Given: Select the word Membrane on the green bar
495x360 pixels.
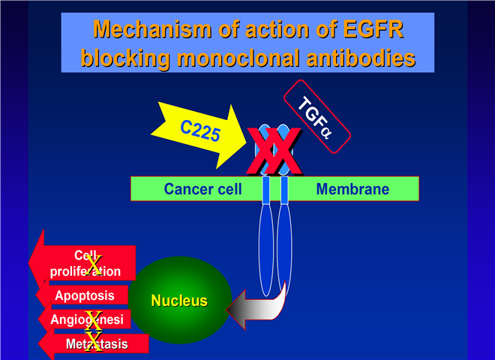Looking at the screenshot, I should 352,189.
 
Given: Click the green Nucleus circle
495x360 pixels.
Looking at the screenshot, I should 180,301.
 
